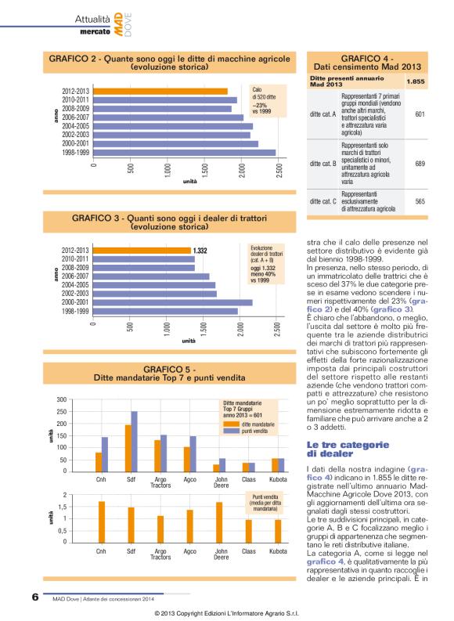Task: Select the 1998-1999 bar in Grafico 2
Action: coord(185,153)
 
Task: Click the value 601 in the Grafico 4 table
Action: coord(420,114)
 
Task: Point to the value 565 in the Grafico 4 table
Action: coord(420,201)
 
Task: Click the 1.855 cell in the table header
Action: coord(420,81)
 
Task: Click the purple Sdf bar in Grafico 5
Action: coord(134,442)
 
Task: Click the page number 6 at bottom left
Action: coord(35,597)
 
